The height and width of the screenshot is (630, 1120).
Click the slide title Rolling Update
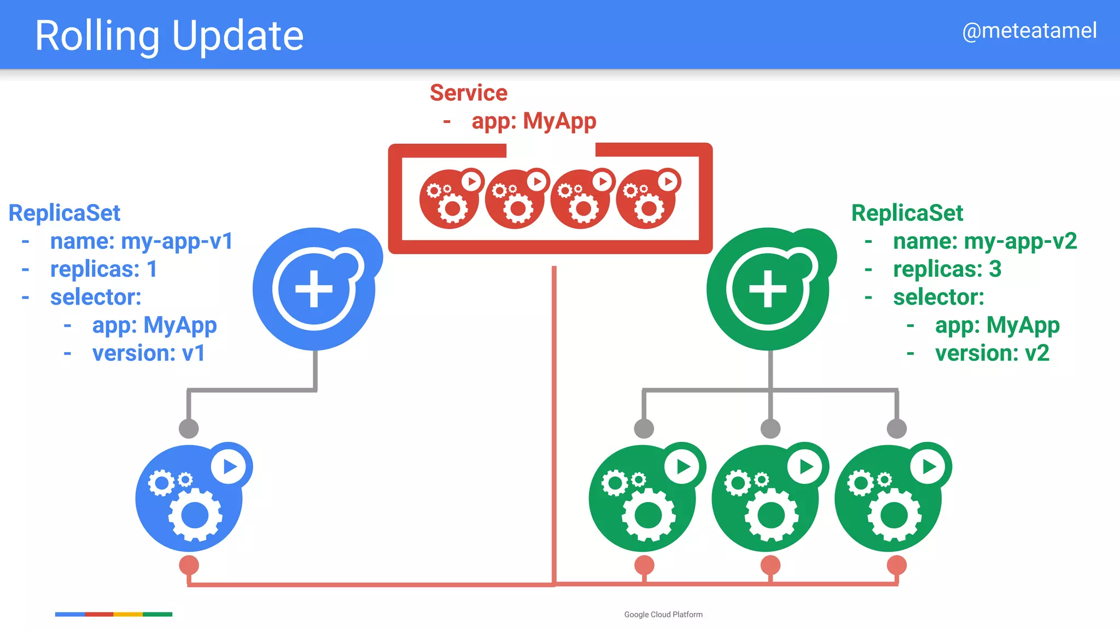coord(169,36)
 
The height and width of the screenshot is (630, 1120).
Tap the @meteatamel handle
coord(1029,31)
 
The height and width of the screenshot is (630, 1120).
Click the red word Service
coord(469,93)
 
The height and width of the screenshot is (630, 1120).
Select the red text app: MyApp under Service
coord(533,121)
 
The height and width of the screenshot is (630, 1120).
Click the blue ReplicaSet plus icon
coord(314,289)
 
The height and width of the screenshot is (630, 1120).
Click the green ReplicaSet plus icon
coord(768,289)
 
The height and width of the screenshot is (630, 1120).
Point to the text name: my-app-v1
coord(141,241)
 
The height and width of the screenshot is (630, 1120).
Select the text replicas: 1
coord(103,269)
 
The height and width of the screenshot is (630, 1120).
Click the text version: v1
coord(148,353)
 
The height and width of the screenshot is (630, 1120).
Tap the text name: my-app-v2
coord(984,241)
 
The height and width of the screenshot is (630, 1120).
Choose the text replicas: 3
coord(947,269)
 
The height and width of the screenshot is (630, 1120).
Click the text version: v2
coord(991,353)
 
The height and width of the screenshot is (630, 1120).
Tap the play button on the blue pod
coord(229,466)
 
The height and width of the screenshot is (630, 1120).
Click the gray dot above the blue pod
coord(189,428)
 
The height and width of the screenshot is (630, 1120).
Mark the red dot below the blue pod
coord(189,565)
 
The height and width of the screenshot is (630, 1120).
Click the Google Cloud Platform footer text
coord(663,615)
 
